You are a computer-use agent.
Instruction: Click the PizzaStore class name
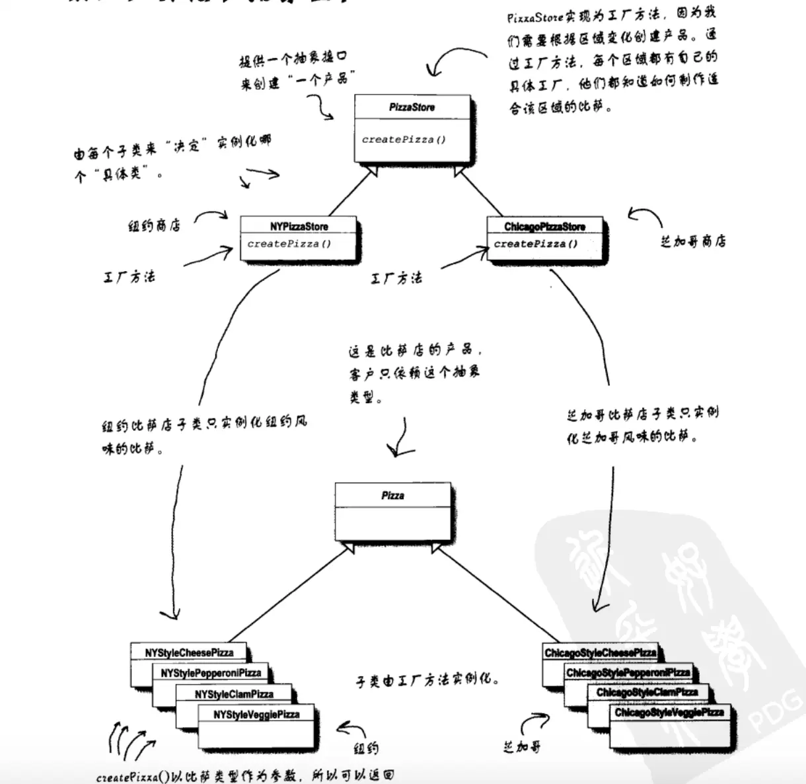pos(412,107)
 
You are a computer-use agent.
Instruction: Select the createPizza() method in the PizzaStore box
pos(404,139)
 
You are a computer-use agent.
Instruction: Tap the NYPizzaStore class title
pos(299,226)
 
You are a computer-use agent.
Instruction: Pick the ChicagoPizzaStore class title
pos(544,227)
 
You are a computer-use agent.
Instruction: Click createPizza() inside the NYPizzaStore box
pos(289,244)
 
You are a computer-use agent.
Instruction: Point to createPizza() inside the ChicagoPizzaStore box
pos(536,244)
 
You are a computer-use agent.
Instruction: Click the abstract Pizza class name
pos(392,495)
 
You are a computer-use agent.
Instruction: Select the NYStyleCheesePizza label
pos(189,652)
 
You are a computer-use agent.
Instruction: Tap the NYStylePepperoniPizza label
pos(211,673)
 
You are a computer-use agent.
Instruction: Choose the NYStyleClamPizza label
pos(234,694)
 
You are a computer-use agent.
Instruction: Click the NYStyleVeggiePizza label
pos(256,715)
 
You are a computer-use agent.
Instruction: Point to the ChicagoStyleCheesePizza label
pos(600,652)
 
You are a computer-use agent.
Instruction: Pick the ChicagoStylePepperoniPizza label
pos(628,673)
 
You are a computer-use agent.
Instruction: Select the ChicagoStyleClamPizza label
pos(647,693)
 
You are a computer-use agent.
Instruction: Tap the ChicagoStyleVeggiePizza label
pos(669,713)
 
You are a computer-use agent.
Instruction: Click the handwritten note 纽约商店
pos(154,225)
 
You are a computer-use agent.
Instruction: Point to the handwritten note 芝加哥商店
pos(692,241)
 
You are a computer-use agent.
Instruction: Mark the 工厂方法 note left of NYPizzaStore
pos(129,276)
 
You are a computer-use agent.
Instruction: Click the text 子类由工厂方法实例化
pos(428,680)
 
